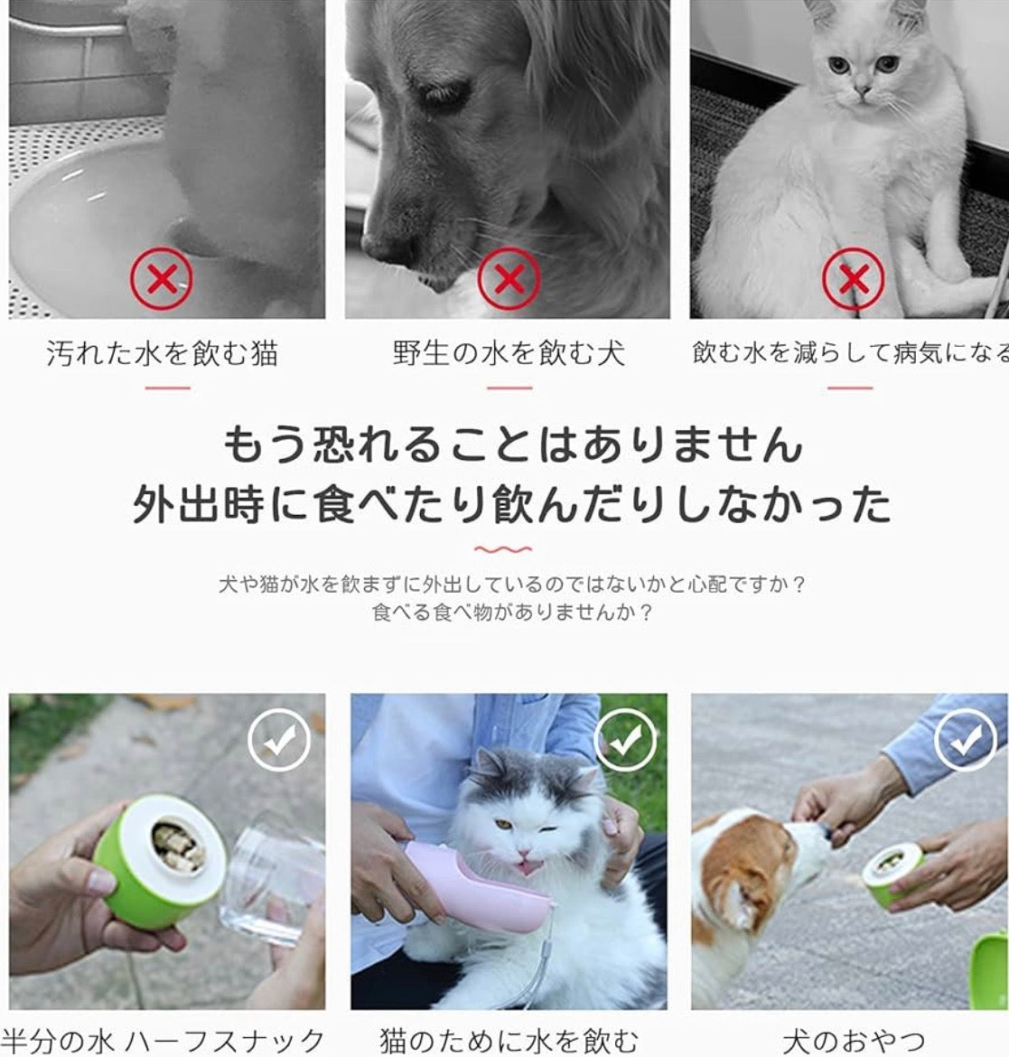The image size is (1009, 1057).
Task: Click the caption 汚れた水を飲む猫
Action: [x=163, y=353]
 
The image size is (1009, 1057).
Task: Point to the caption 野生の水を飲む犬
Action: [x=509, y=353]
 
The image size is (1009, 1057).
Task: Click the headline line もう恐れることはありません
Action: [x=512, y=445]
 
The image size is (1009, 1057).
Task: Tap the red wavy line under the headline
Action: [x=503, y=548]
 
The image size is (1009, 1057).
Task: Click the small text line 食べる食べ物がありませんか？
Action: [x=512, y=613]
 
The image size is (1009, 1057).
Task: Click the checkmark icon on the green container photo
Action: [x=279, y=740]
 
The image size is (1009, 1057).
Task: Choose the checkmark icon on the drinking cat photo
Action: [x=625, y=740]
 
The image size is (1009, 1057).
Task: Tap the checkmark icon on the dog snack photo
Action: [x=966, y=740]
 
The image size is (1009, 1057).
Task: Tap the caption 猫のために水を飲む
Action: [x=509, y=1040]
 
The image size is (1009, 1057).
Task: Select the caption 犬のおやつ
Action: [x=854, y=1040]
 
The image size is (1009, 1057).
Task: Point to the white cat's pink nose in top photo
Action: [x=862, y=89]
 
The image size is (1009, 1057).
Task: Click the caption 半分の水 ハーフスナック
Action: [x=163, y=1040]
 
